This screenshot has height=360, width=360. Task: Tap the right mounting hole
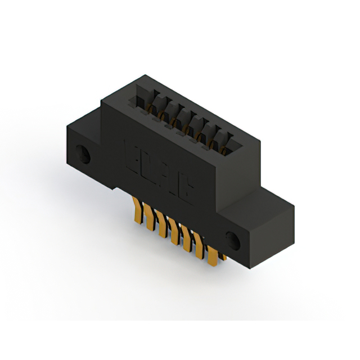[x=233, y=240]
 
